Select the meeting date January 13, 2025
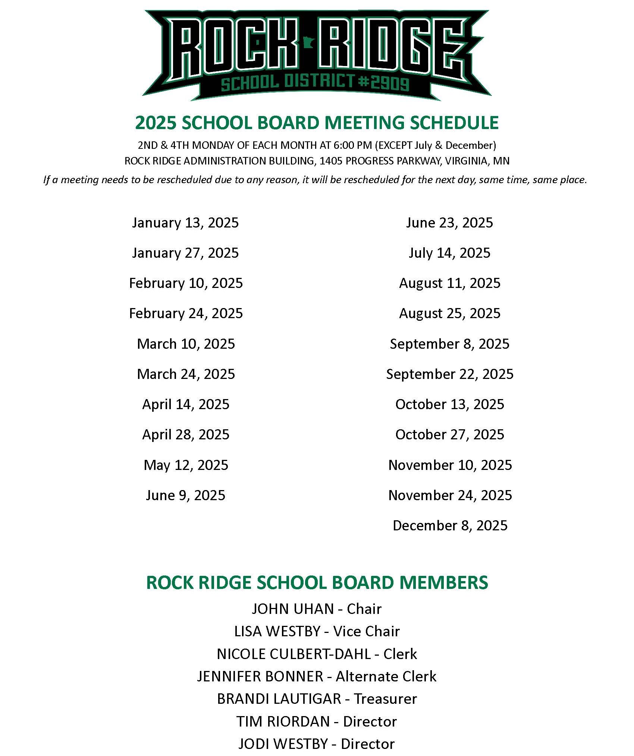point(185,223)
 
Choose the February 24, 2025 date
point(186,313)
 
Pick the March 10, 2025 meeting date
point(186,344)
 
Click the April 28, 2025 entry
point(186,435)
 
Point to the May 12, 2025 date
point(186,465)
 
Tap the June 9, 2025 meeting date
point(185,495)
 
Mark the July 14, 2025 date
point(449,253)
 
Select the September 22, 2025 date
point(450,374)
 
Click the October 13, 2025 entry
point(450,404)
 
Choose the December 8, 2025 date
point(450,526)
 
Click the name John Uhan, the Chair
point(293,609)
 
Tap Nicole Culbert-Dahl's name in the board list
point(294,654)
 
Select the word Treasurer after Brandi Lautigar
point(385,699)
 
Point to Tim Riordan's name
point(283,722)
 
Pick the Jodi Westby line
point(316,744)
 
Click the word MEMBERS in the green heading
point(443,583)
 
